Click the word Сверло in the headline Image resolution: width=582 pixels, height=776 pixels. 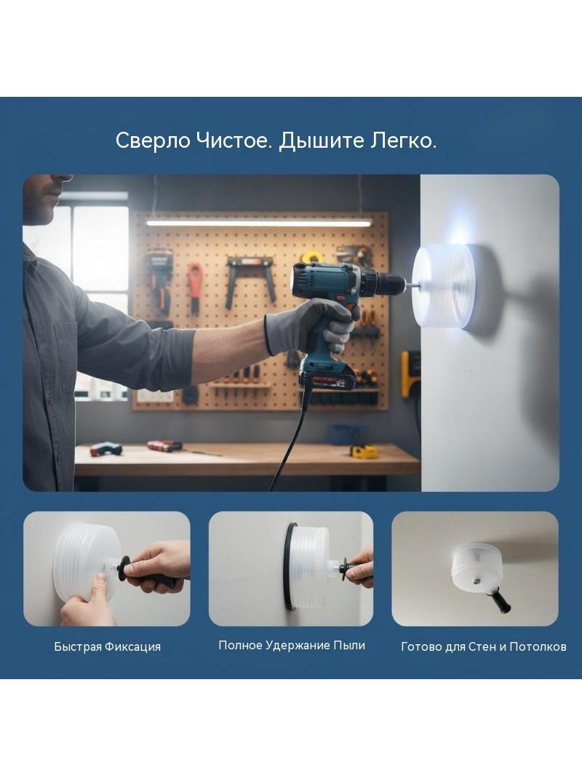[x=153, y=141]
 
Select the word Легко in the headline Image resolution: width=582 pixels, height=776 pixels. [x=401, y=141]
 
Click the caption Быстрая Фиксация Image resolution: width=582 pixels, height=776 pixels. [x=107, y=646]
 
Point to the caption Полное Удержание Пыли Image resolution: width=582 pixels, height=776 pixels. [x=292, y=646]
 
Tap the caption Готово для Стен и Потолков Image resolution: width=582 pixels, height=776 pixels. [x=483, y=646]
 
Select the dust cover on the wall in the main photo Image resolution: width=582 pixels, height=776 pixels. [x=444, y=287]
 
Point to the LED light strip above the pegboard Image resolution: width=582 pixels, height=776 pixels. [x=258, y=223]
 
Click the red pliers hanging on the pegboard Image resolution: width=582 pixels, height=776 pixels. [x=195, y=287]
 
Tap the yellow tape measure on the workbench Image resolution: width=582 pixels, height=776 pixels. [x=364, y=451]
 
